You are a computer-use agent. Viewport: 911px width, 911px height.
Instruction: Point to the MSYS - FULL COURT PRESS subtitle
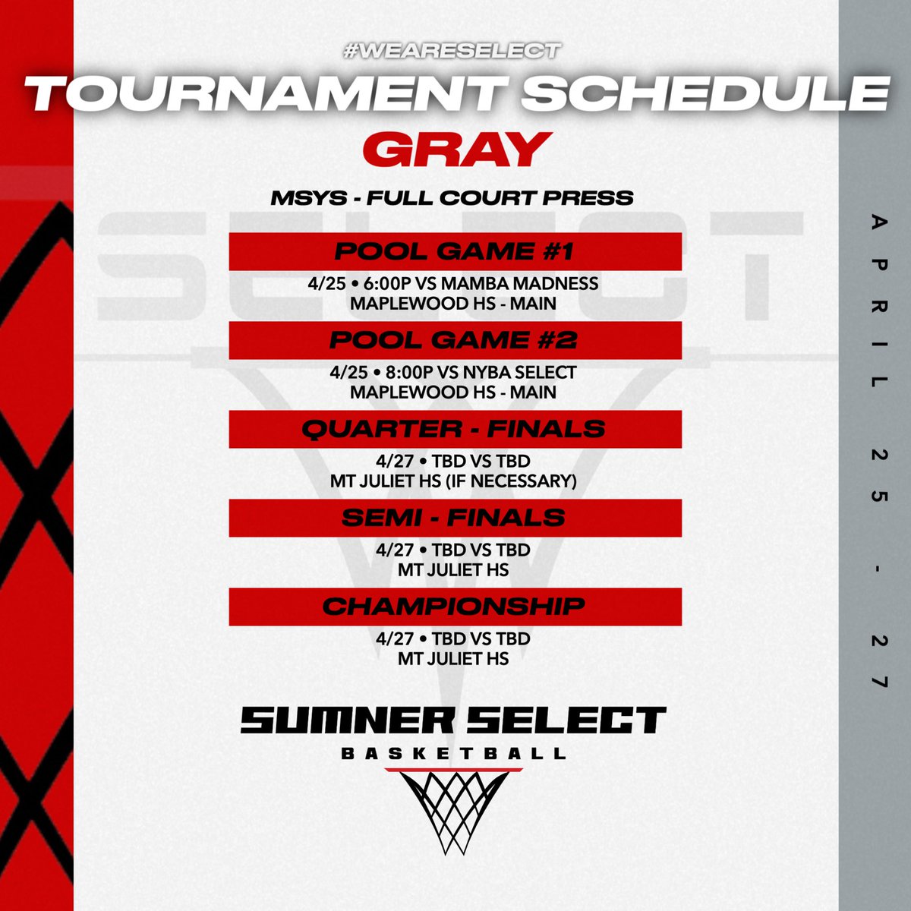point(452,198)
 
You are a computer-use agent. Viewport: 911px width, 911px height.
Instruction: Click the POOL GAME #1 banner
point(455,251)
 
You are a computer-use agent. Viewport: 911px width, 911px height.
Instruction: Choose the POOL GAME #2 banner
point(455,340)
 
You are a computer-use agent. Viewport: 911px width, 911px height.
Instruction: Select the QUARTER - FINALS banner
point(455,429)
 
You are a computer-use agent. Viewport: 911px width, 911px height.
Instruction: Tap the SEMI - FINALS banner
point(455,518)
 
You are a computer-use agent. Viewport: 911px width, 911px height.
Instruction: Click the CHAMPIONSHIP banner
point(455,607)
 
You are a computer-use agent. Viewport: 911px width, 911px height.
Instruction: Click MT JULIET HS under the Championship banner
point(452,659)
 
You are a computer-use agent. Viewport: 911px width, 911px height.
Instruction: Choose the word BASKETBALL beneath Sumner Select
point(454,754)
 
